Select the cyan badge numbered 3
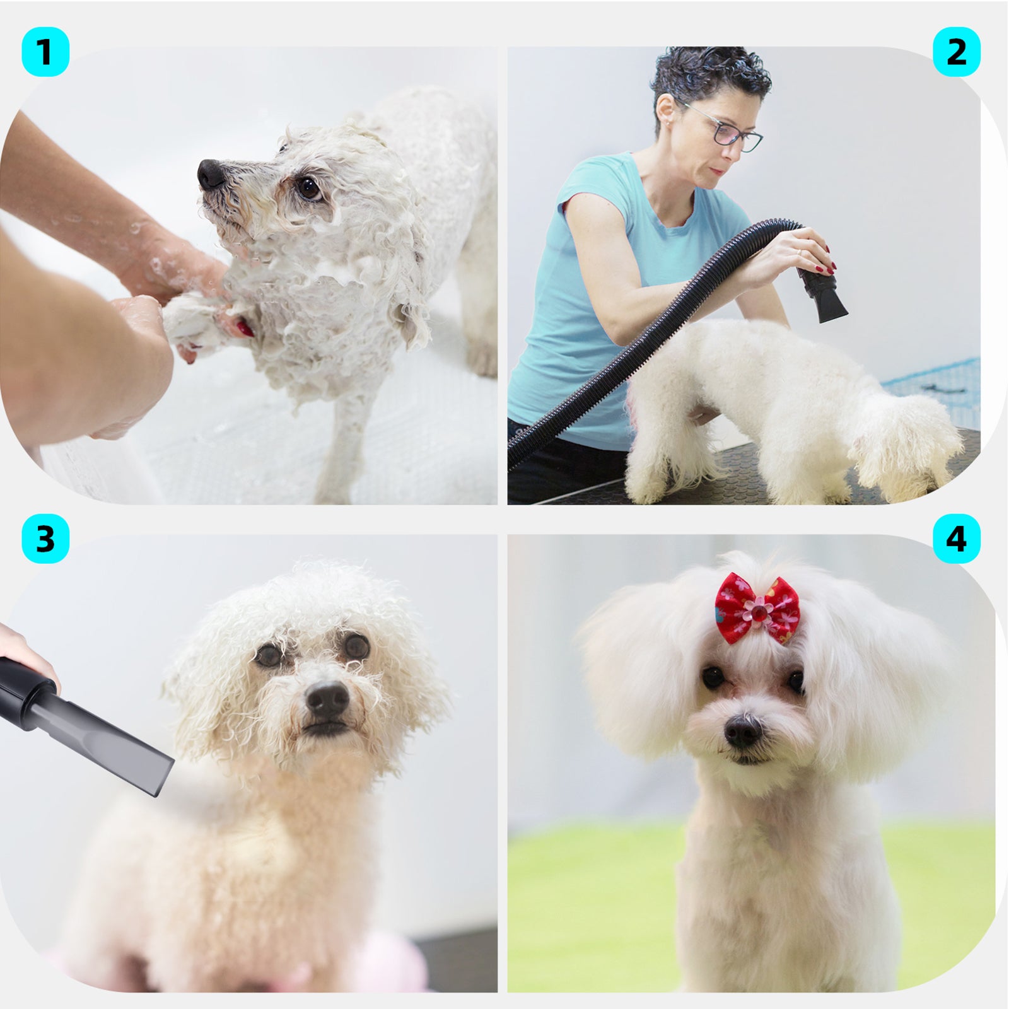click(45, 540)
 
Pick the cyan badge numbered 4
click(957, 540)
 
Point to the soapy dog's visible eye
click(309, 188)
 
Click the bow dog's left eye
click(714, 678)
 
